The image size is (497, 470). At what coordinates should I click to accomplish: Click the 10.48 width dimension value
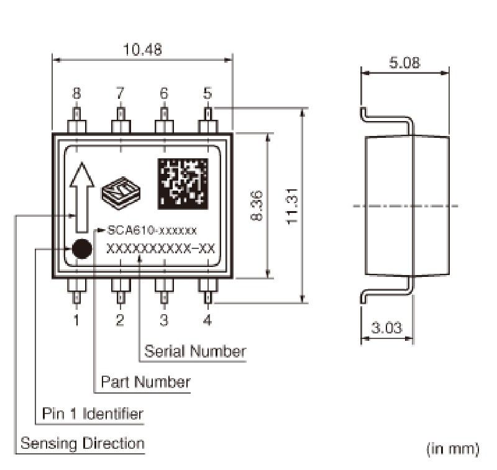[143, 50]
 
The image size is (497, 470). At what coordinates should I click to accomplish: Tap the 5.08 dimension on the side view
[404, 62]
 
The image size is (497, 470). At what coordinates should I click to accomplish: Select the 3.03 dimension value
[386, 327]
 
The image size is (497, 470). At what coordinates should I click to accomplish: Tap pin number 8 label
[76, 94]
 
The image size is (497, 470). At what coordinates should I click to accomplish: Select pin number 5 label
[207, 94]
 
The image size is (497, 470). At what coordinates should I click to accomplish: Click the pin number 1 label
[76, 321]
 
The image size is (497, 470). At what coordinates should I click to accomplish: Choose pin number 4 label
[207, 321]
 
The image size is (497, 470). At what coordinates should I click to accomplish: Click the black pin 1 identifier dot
[81, 249]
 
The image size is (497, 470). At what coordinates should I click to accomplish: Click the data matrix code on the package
[183, 184]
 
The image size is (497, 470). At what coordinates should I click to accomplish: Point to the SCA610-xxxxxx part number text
[152, 230]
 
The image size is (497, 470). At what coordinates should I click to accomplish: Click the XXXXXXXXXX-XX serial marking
[161, 248]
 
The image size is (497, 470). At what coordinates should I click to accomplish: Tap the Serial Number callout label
[195, 351]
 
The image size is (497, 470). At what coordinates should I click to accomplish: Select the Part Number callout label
[145, 381]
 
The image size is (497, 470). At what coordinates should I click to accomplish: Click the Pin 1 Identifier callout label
[93, 413]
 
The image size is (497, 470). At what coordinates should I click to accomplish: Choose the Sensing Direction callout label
[83, 443]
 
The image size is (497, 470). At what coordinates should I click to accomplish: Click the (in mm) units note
[452, 448]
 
